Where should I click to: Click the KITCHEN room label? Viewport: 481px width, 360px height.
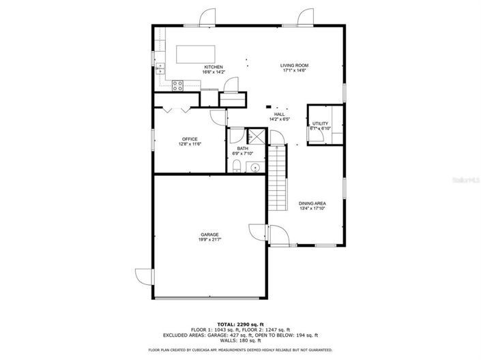pyautogui.click(x=213, y=67)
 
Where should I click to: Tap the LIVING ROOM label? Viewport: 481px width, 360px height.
pyautogui.click(x=294, y=65)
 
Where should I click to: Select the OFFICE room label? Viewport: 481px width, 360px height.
pyautogui.click(x=189, y=139)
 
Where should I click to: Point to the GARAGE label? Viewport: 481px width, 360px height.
pyautogui.click(x=209, y=235)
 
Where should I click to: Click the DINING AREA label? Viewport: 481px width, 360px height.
pyautogui.click(x=312, y=203)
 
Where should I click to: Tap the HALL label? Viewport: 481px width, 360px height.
pyautogui.click(x=280, y=115)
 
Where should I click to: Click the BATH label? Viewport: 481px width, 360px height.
pyautogui.click(x=243, y=149)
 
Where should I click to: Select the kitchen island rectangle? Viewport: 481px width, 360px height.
pyautogui.click(x=196, y=53)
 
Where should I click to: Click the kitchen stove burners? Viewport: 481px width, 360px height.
pyautogui.click(x=177, y=85)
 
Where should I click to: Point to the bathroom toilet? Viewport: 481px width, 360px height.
pyautogui.click(x=235, y=166)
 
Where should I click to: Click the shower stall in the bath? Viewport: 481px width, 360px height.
pyautogui.click(x=255, y=135)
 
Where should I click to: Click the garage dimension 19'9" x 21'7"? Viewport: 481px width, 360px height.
pyautogui.click(x=209, y=240)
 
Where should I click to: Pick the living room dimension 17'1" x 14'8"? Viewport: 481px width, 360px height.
pyautogui.click(x=294, y=71)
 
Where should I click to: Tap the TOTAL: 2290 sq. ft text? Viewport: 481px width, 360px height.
pyautogui.click(x=240, y=324)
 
